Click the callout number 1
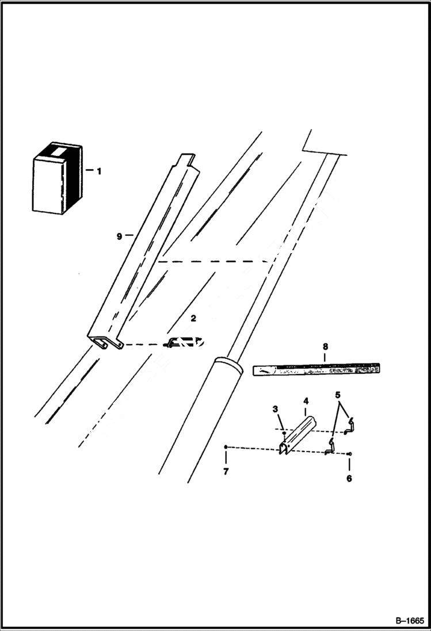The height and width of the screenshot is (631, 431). pos(98,171)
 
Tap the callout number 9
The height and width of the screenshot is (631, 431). pos(119,235)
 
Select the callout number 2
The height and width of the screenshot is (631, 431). pos(193,318)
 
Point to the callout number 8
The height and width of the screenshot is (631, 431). pos(325,347)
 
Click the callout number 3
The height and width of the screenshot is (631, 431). pos(276,408)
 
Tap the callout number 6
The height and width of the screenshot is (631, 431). pos(349,478)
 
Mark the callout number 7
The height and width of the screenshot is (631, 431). pos(226,472)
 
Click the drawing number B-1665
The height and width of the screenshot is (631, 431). pos(409,621)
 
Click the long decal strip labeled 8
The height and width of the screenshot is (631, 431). pos(316,369)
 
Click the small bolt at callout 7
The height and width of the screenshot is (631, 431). pos(227,446)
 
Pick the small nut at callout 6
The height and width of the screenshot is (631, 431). pos(350,454)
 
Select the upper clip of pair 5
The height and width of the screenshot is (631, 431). pos(350,426)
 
